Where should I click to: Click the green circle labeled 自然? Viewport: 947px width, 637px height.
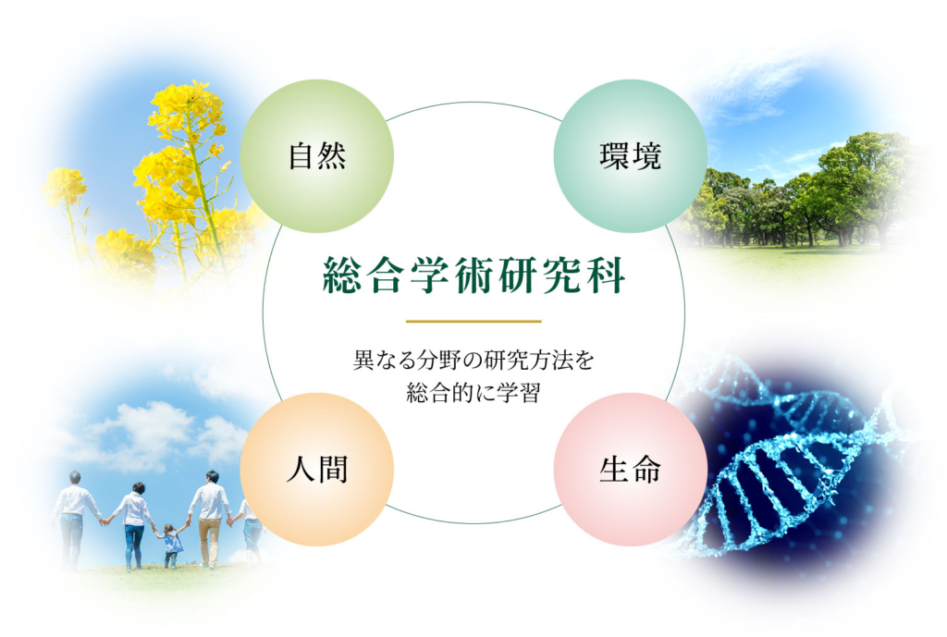point(317,155)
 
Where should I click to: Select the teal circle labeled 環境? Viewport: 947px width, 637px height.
point(631,155)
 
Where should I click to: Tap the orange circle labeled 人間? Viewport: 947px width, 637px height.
point(317,469)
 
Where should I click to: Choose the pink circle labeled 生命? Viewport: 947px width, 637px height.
point(631,469)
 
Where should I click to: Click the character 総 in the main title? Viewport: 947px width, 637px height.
point(342,276)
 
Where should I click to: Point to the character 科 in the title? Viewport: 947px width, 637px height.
point(606,276)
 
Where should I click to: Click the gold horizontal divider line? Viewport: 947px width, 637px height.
point(473,321)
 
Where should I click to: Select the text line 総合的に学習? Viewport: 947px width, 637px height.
point(473,393)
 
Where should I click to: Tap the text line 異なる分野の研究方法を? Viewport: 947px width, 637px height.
point(473,361)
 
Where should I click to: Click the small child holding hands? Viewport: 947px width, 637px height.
point(171,545)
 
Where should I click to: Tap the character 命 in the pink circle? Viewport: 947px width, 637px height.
point(646,470)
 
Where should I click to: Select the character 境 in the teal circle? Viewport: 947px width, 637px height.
point(646,156)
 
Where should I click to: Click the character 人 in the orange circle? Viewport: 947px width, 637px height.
point(301,470)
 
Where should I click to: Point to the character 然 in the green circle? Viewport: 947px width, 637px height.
point(333,156)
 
